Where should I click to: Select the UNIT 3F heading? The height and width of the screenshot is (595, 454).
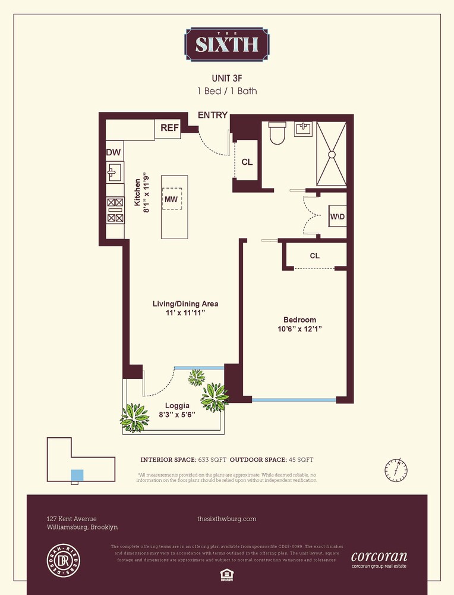point(226,78)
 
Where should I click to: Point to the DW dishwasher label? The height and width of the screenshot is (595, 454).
point(113,152)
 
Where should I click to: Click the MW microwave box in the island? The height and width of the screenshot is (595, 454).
point(172,199)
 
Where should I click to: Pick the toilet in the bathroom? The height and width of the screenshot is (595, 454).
point(278,133)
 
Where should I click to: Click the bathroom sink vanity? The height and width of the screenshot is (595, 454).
point(304,130)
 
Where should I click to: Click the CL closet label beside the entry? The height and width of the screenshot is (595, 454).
point(247,162)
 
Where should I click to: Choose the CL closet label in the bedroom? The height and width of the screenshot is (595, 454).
point(314,255)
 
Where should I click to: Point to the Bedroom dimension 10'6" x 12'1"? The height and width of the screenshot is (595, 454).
point(299,328)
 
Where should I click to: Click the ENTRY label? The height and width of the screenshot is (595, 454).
point(212,115)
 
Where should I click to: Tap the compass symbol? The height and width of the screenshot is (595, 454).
point(396,470)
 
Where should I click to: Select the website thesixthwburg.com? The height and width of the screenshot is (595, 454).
point(226,519)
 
